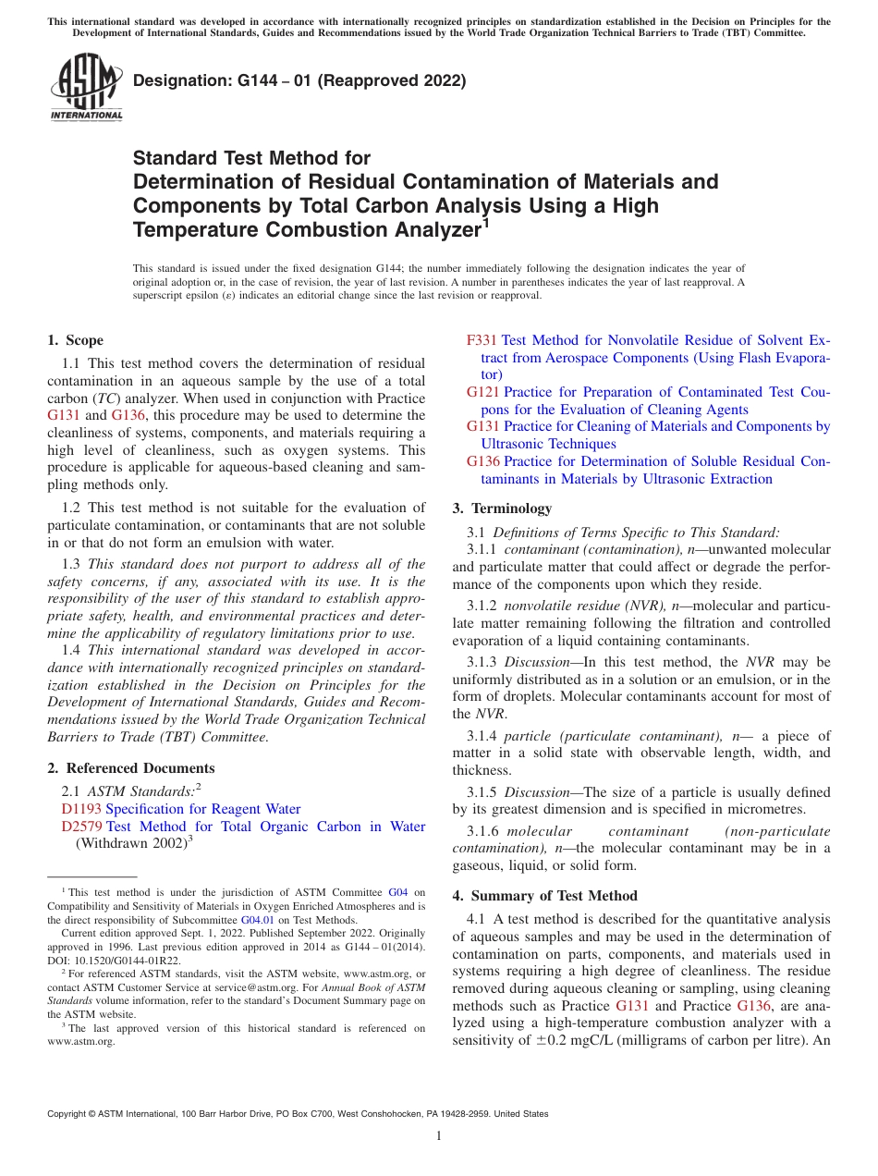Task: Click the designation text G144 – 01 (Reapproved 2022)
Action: point(299,80)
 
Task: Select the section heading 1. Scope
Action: point(75,340)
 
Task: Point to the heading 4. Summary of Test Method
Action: point(544,896)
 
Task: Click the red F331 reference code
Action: point(482,340)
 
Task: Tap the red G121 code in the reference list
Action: point(483,392)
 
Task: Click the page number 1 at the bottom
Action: point(439,1135)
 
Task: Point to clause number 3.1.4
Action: point(482,736)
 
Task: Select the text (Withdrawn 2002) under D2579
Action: point(130,843)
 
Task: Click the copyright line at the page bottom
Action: point(297,1114)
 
